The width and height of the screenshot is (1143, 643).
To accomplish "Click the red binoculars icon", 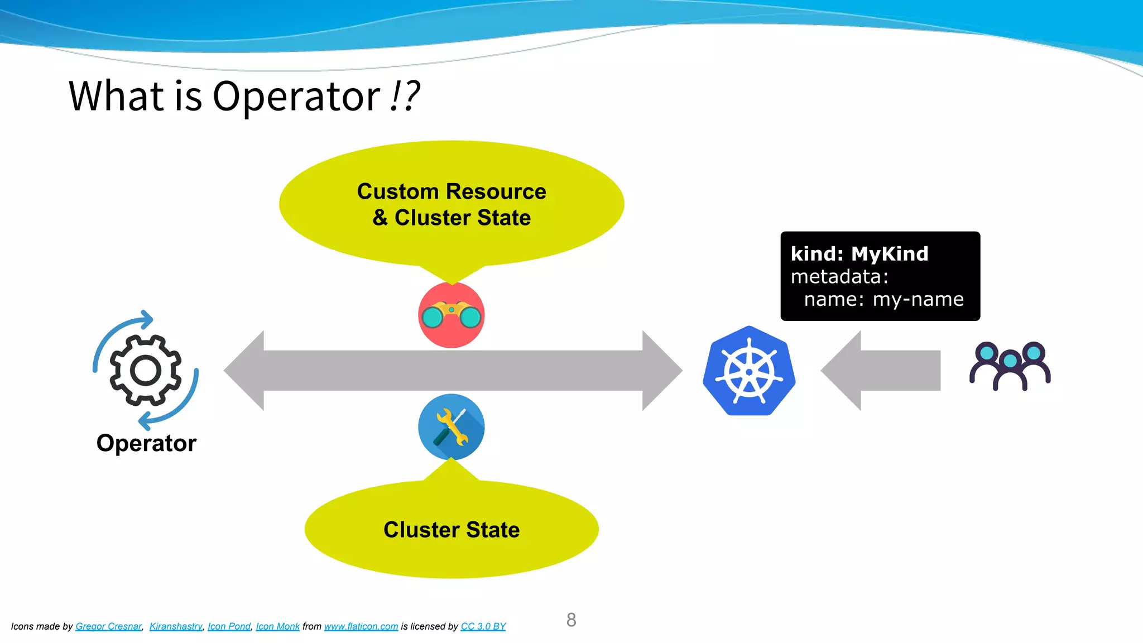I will (x=452, y=315).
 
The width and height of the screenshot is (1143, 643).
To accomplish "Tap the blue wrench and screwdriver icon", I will (x=452, y=427).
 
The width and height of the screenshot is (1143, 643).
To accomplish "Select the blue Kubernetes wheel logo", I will (x=749, y=371).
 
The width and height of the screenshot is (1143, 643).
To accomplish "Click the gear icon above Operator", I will (x=146, y=370).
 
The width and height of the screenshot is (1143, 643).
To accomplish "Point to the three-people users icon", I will (x=1010, y=366).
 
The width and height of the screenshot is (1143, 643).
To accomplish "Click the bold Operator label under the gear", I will (x=146, y=443).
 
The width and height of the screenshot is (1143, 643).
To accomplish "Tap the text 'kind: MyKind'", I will (x=859, y=254).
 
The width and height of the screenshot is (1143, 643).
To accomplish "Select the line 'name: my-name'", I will (x=883, y=300).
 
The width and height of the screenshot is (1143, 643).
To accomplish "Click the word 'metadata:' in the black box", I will (x=839, y=277).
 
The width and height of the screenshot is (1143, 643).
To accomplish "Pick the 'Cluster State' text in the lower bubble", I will (x=452, y=530).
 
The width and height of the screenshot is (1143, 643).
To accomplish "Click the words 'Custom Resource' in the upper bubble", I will (x=452, y=191).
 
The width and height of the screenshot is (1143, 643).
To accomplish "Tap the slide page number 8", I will (x=571, y=620).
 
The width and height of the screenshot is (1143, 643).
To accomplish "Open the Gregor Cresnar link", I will (x=108, y=626).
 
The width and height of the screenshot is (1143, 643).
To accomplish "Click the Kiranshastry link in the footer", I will (x=175, y=626).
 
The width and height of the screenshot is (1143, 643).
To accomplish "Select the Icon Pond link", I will (x=229, y=626).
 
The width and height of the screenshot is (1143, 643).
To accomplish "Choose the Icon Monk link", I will (x=277, y=626).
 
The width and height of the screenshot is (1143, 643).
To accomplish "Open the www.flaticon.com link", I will (x=361, y=626).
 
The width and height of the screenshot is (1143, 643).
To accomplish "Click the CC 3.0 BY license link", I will (x=483, y=626).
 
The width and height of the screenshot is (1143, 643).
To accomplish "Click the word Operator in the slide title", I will (x=296, y=97).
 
